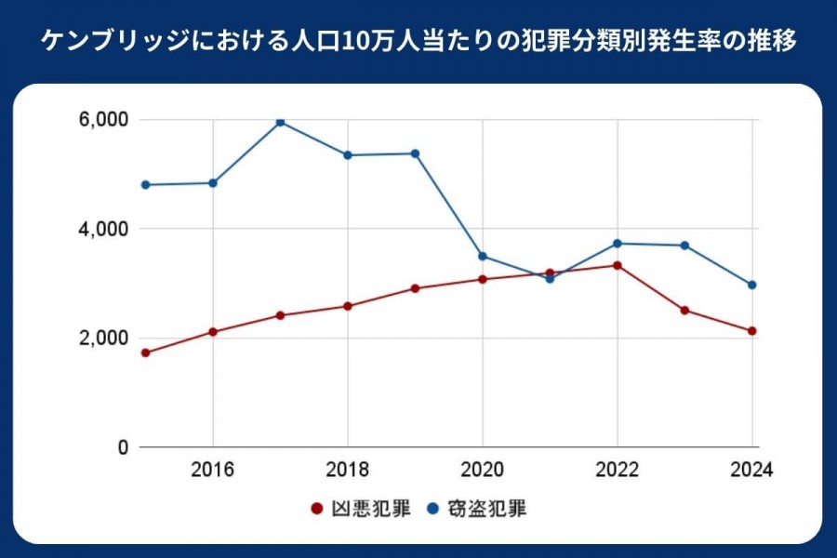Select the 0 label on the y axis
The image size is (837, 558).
pyautogui.click(x=122, y=447)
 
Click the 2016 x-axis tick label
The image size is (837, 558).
pyautogui.click(x=213, y=470)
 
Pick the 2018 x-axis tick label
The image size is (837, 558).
pyautogui.click(x=348, y=470)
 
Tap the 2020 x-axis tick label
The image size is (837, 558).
pyautogui.click(x=483, y=470)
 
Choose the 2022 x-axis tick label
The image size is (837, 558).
pyautogui.click(x=618, y=470)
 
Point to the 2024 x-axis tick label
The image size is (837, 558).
pyautogui.click(x=751, y=470)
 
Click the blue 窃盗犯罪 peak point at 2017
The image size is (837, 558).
pyautogui.click(x=280, y=122)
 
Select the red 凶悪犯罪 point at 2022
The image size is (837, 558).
pyautogui.click(x=618, y=265)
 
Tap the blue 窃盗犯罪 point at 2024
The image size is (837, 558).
pyautogui.click(x=752, y=285)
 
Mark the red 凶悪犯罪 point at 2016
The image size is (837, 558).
pyautogui.click(x=213, y=331)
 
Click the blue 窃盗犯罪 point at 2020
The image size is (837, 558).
pyautogui.click(x=483, y=256)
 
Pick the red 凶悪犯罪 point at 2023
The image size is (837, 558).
pyautogui.click(x=684, y=310)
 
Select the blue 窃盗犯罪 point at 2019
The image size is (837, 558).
pyautogui.click(x=415, y=153)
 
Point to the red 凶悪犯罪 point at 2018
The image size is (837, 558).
pyautogui.click(x=348, y=306)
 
